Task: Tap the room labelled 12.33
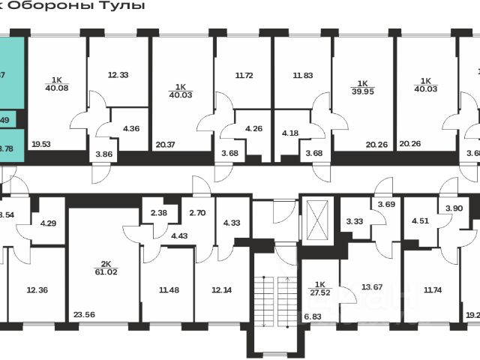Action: pyautogui.click(x=118, y=75)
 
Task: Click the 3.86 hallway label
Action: pyautogui.click(x=103, y=154)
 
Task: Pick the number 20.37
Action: pyautogui.click(x=166, y=145)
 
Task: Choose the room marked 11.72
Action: pyautogui.click(x=244, y=75)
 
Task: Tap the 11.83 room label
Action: pyautogui.click(x=302, y=75)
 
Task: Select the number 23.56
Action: pyautogui.click(x=85, y=315)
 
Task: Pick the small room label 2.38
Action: pyautogui.click(x=158, y=212)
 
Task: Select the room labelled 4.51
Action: pyautogui.click(x=420, y=220)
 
